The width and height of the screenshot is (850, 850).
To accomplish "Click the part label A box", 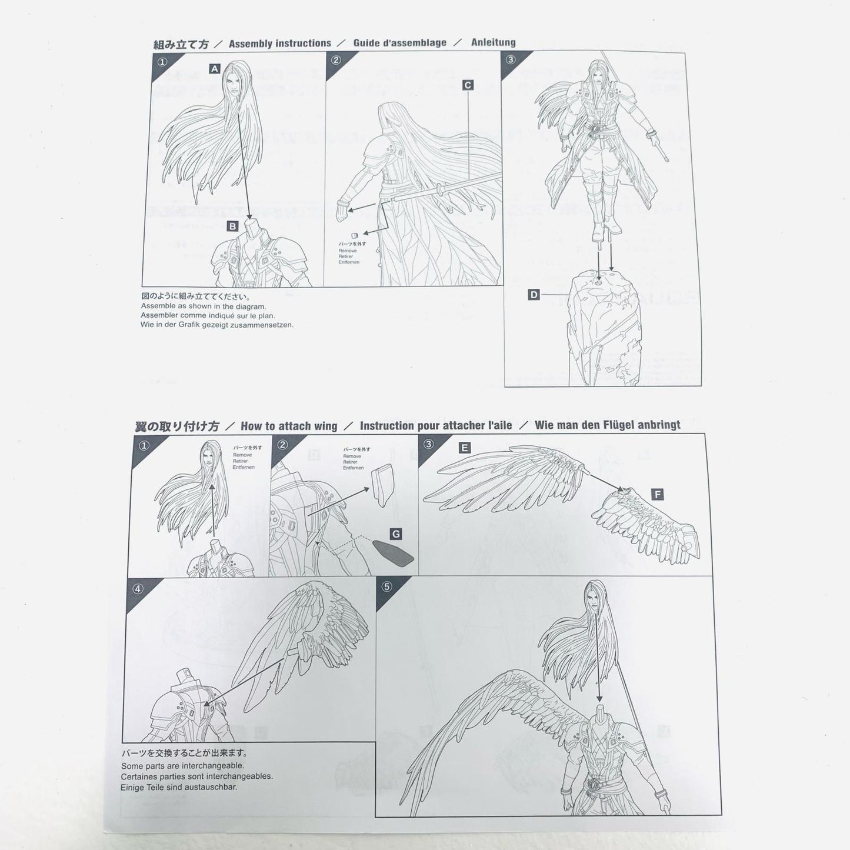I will pos(215,69).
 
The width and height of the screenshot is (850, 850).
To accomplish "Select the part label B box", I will pos(232,226).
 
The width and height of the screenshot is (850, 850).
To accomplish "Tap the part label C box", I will pos(468,85).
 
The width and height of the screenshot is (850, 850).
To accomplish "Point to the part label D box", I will pos(534,294).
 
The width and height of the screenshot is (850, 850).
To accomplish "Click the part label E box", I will pos(464,448).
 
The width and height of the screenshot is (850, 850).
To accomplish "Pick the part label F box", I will pos(657,495).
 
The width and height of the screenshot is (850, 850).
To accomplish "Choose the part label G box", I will pos(396,534).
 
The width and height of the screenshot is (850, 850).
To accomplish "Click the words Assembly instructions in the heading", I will pos(279,44).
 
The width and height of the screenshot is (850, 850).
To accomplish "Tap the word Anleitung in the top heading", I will pos(493,42).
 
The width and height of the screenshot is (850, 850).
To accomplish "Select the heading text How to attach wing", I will pos(289,426).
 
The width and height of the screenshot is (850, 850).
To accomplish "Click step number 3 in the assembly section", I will pos(510,59).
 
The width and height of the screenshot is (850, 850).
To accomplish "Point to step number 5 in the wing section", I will pos(386,586).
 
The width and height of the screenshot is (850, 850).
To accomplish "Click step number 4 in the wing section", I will pos(138,588).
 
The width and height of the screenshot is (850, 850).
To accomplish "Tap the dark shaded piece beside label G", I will pos(393,553).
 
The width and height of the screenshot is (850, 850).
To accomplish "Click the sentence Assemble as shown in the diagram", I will pos(204,306).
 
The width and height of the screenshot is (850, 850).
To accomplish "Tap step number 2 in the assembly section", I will pos(336,60).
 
